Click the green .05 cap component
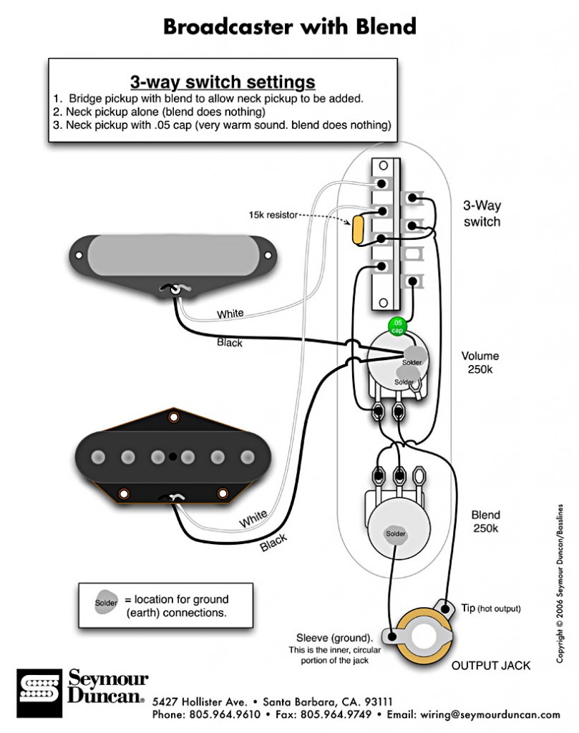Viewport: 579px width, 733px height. point(396,326)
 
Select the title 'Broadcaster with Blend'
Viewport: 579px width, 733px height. point(289,26)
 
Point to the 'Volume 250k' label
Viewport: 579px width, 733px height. point(480,362)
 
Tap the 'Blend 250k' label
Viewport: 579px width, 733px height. point(485,521)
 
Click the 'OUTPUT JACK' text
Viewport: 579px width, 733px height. point(490,666)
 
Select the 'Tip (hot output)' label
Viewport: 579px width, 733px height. point(490,608)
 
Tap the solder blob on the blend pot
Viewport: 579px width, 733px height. point(395,534)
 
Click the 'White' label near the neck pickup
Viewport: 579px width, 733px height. point(230,313)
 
